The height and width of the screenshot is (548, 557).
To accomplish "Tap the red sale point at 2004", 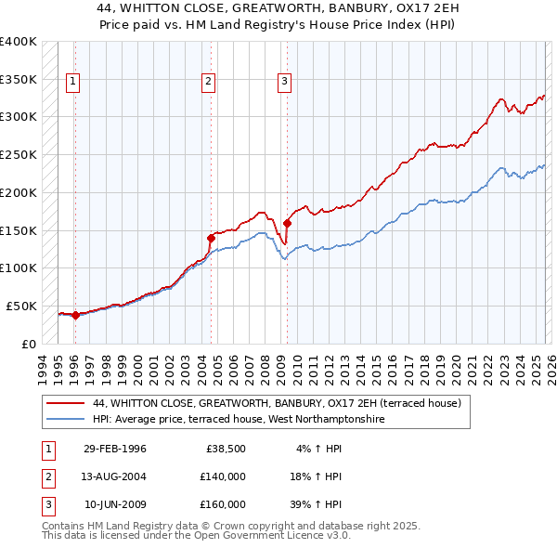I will click(211, 238).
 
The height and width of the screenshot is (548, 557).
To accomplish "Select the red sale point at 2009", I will click(288, 223).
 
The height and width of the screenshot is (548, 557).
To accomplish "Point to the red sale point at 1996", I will click(75, 314).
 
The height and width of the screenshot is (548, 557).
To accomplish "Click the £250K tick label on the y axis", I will click(19, 154).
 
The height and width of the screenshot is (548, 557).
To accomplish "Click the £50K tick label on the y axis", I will click(21, 306).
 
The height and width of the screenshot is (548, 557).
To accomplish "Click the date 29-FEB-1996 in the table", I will click(115, 449).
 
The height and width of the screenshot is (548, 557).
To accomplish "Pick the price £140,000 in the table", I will click(222, 476).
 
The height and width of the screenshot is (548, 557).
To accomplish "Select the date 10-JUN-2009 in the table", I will click(115, 504).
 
